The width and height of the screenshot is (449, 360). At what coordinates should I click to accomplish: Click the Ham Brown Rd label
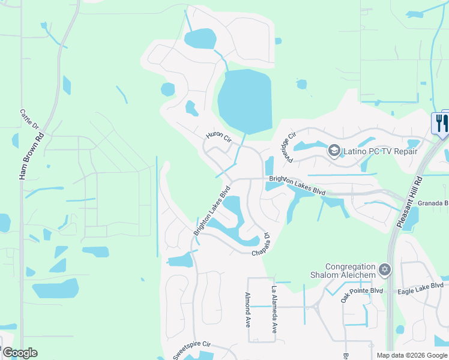click(x=24, y=155)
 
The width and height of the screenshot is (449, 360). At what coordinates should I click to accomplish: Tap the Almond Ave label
click(x=247, y=310)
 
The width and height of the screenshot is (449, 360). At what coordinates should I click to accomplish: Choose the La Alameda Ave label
click(x=274, y=310)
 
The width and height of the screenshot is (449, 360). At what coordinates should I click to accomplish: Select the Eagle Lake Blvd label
click(x=420, y=289)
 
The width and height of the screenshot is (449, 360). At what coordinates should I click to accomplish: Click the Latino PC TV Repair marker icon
click(x=334, y=150)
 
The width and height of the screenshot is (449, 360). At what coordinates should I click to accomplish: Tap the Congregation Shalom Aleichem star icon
click(x=385, y=271)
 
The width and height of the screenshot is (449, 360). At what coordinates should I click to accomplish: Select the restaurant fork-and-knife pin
click(x=440, y=124)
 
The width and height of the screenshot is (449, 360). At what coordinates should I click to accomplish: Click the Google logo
click(x=20, y=353)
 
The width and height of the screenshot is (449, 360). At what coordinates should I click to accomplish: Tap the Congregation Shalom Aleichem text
click(x=350, y=271)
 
